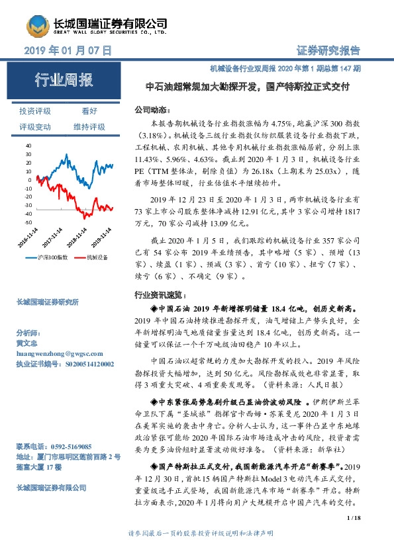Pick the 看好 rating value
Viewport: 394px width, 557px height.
pyautogui.click(x=89, y=111)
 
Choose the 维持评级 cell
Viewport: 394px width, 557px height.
pyautogui.click(x=89, y=126)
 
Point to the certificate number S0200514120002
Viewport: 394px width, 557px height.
pyautogui.click(x=89, y=364)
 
